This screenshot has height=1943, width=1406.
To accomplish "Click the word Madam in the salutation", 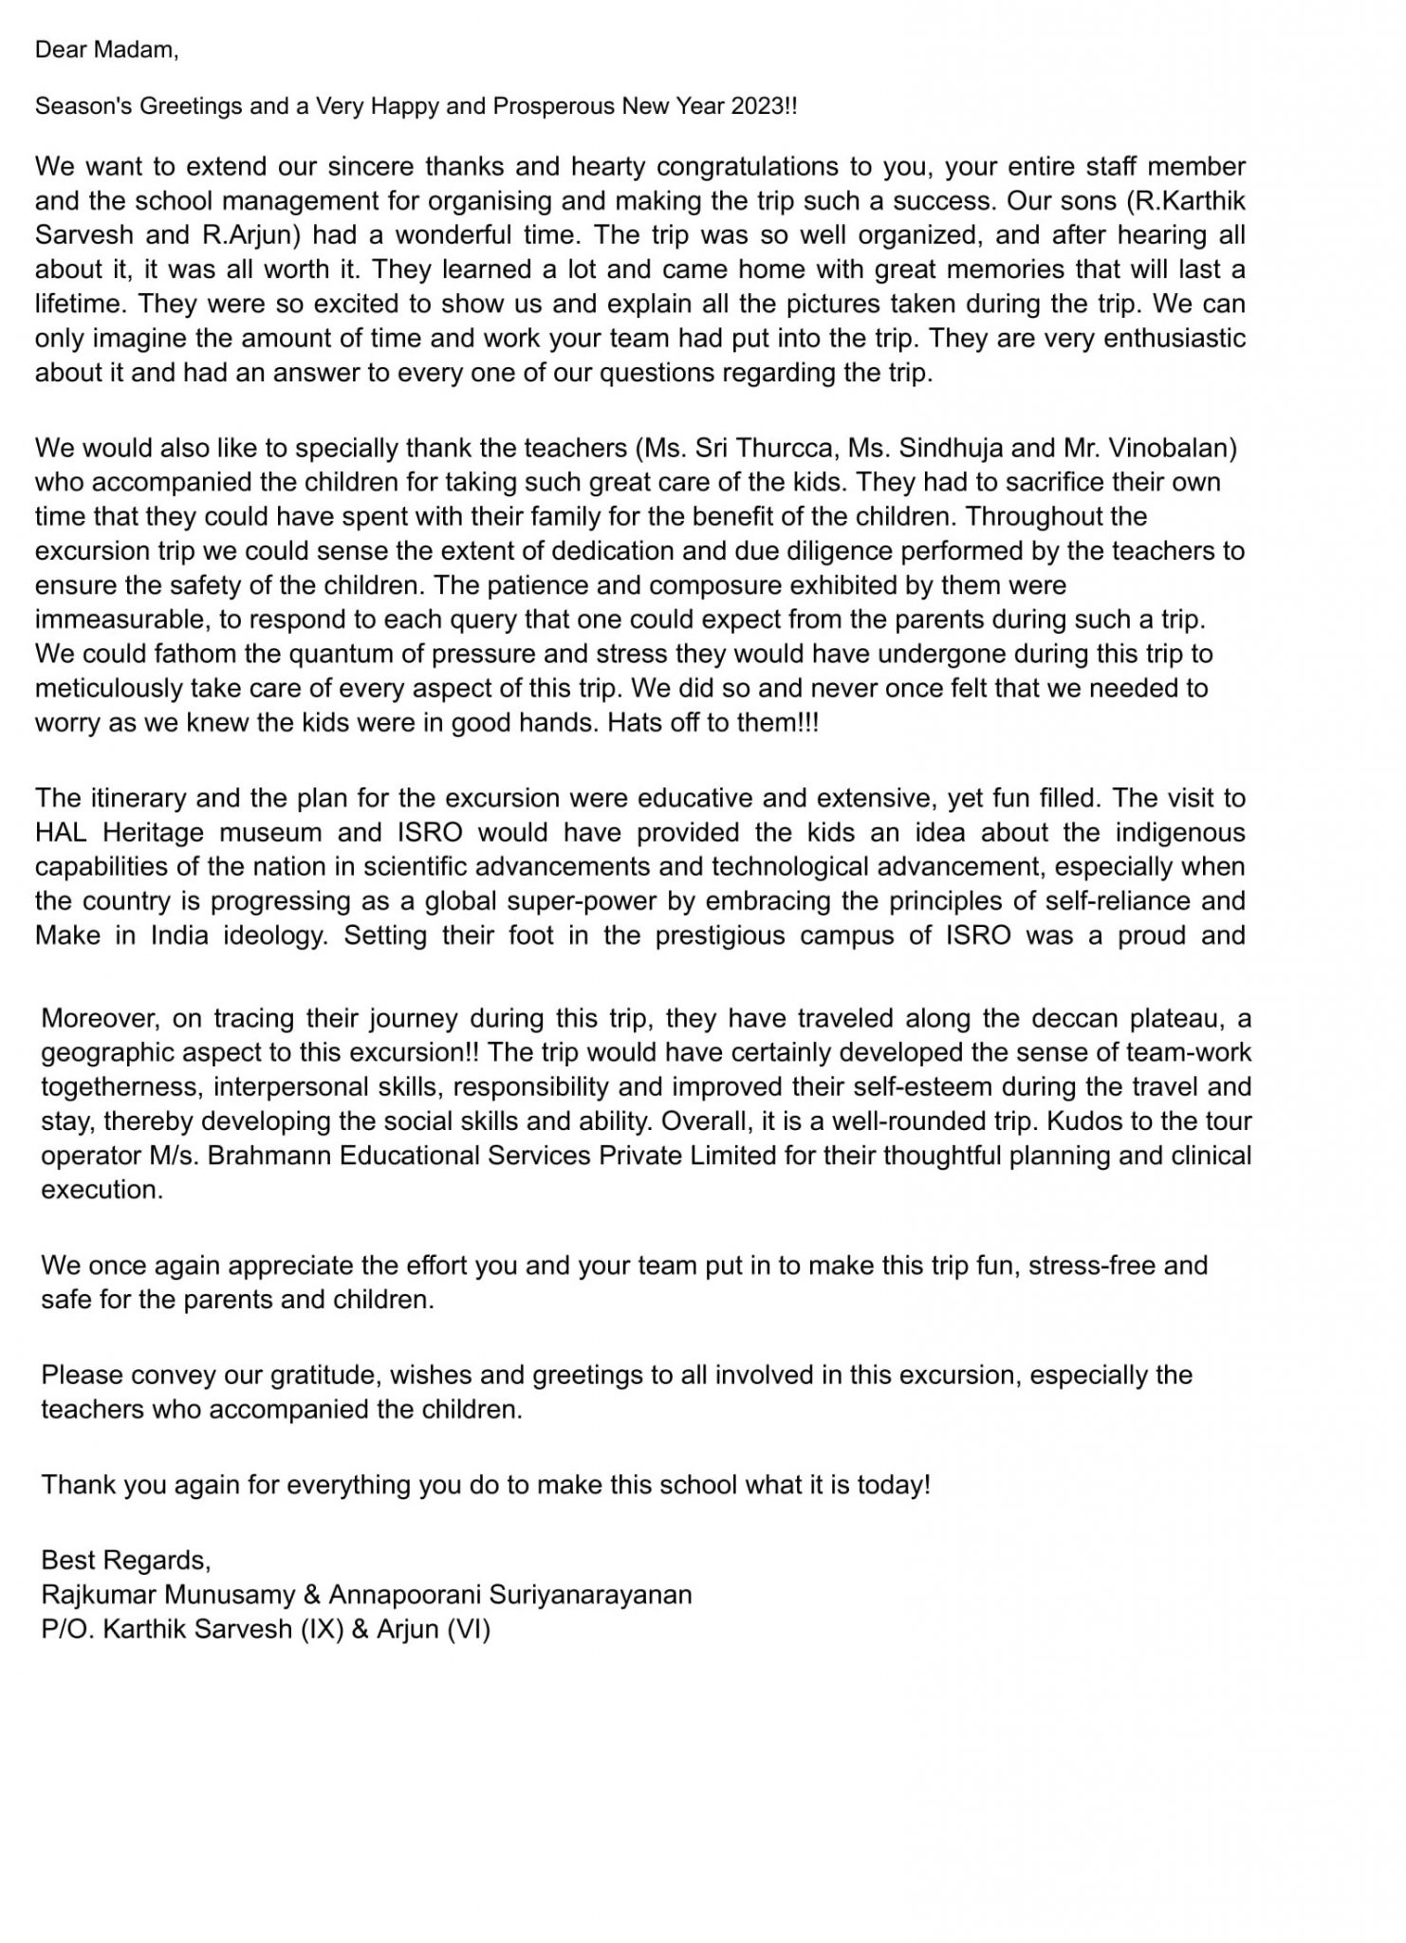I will point(140,49).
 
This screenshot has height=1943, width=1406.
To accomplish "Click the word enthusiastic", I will point(1165,338).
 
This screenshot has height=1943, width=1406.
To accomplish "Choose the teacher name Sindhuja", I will point(947,447).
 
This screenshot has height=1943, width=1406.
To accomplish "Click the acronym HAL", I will point(62,832).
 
